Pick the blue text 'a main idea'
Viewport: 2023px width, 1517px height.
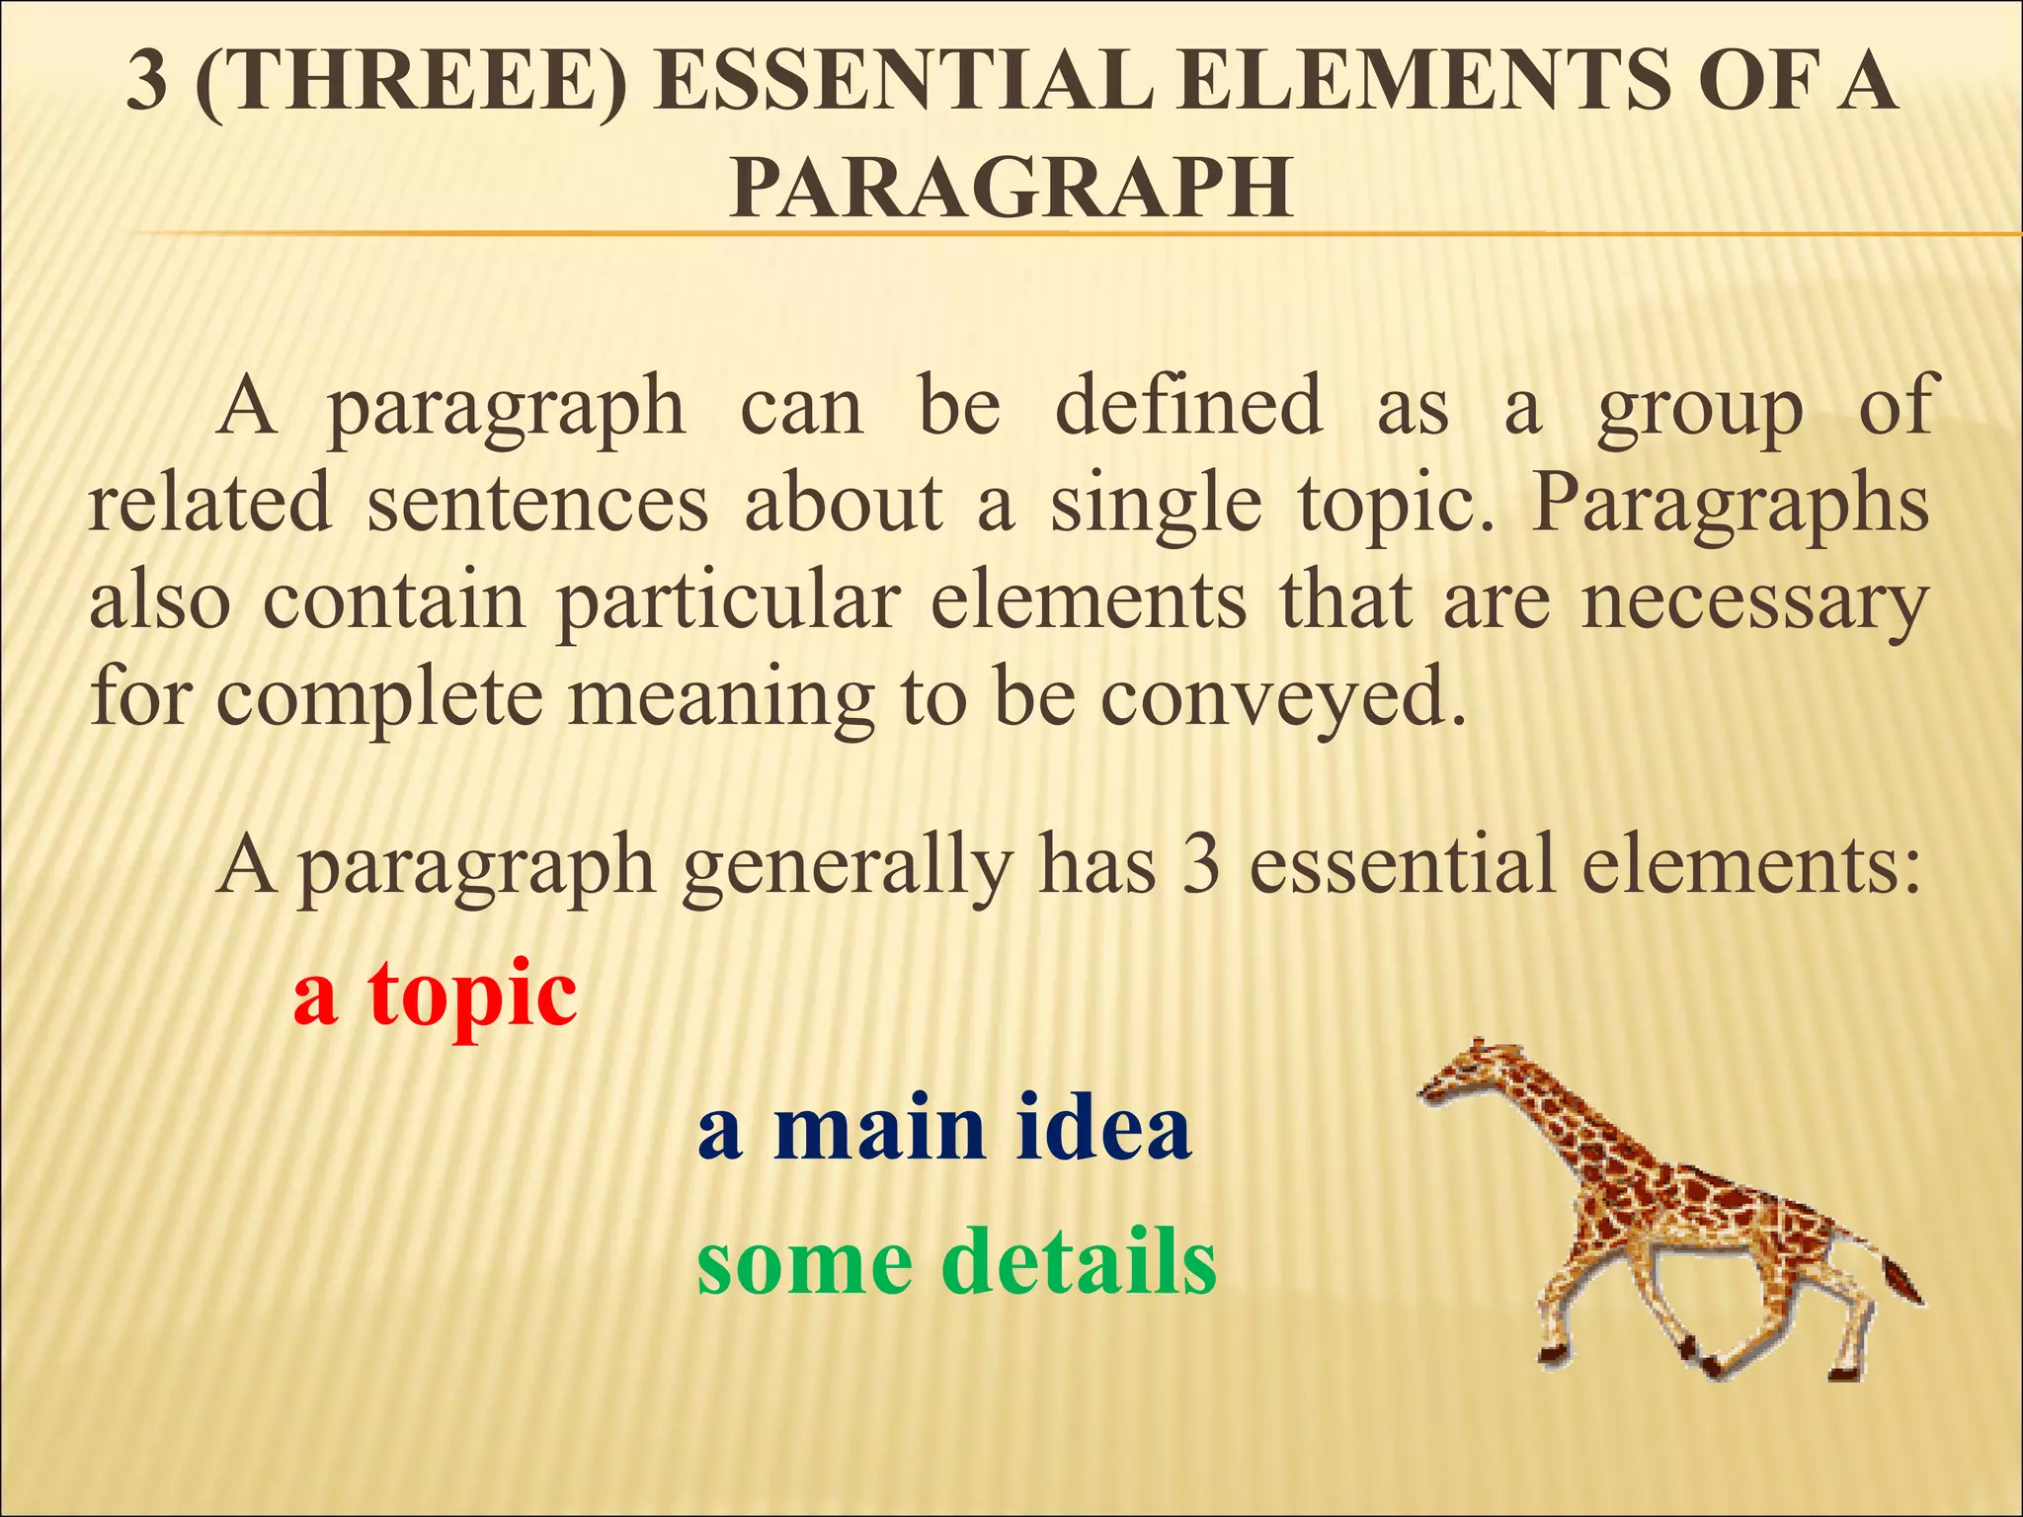pos(944,1129)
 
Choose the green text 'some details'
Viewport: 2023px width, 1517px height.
pos(956,1262)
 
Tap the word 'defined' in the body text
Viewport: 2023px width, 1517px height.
pos(1188,407)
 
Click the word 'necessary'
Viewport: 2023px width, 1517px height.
pos(1753,602)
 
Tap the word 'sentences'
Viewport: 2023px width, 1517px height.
pos(537,504)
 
